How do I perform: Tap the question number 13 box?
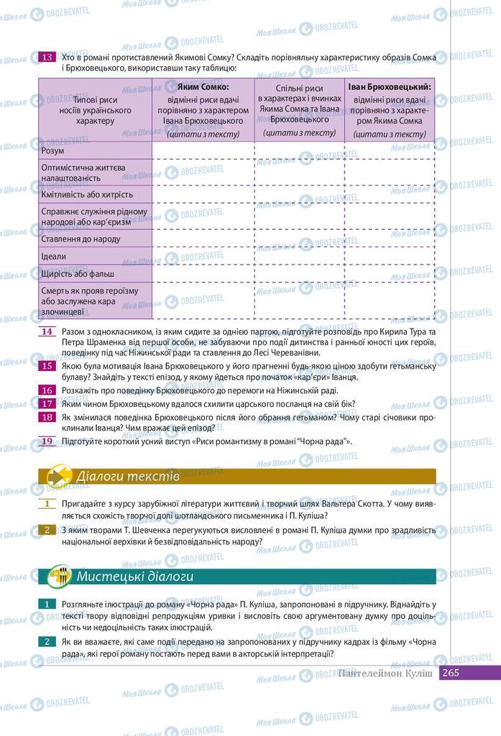click(x=47, y=57)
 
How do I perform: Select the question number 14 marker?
click(x=47, y=331)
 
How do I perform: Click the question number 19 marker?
click(x=47, y=441)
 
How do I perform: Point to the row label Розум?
click(x=54, y=151)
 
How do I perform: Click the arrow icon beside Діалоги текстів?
click(x=58, y=477)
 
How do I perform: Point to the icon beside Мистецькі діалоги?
click(x=58, y=577)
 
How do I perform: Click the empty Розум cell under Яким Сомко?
click(x=203, y=151)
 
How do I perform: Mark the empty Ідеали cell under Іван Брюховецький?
click(x=390, y=257)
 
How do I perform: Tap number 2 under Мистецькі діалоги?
click(x=47, y=641)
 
